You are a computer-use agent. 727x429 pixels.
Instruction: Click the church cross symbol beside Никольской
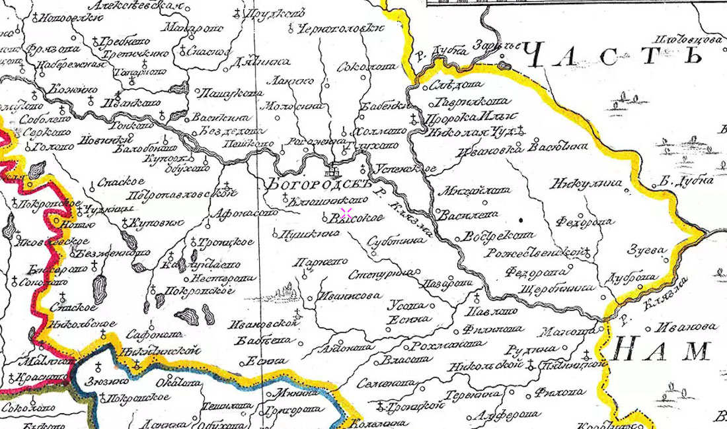tap(530, 364)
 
